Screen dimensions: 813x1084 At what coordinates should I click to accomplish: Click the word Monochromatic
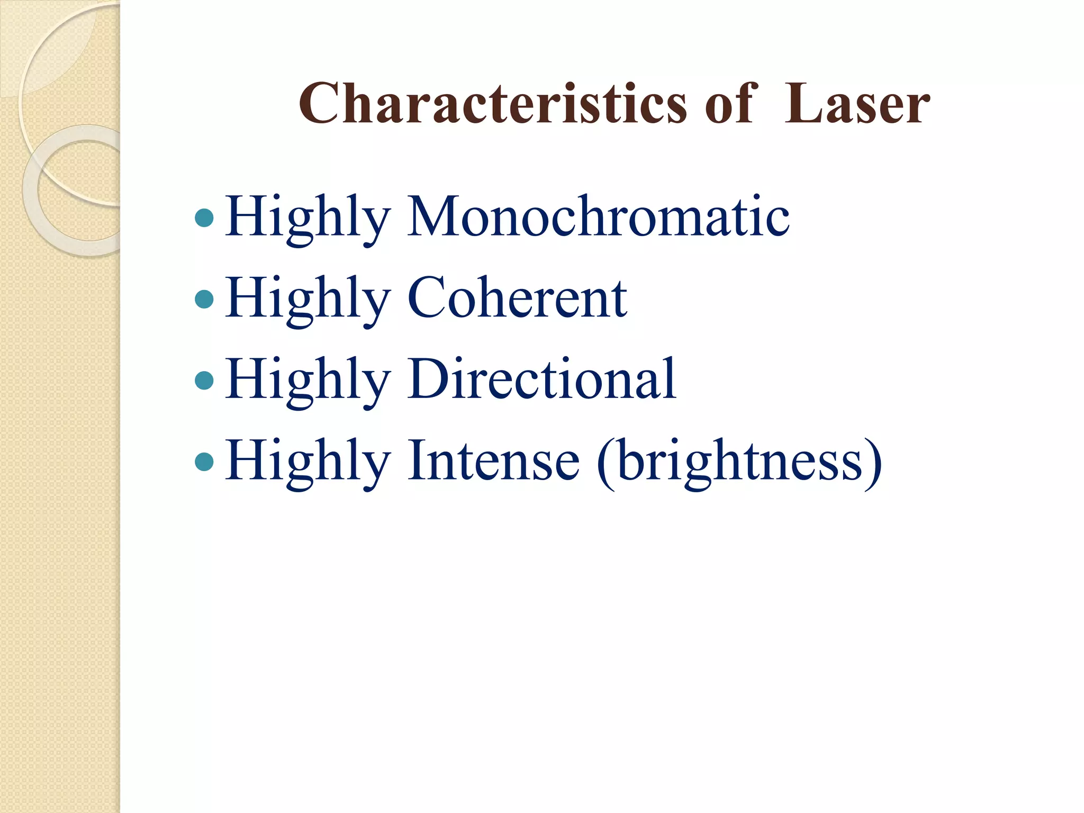(598, 217)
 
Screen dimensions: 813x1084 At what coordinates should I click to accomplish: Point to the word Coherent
(517, 299)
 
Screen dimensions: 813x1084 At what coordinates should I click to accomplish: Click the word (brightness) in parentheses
(739, 462)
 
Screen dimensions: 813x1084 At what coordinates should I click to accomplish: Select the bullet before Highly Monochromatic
(204, 218)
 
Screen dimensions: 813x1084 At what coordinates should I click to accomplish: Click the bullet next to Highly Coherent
(204, 299)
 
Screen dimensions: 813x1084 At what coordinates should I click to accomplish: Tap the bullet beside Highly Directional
(204, 380)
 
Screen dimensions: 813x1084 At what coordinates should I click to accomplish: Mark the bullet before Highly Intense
(204, 462)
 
